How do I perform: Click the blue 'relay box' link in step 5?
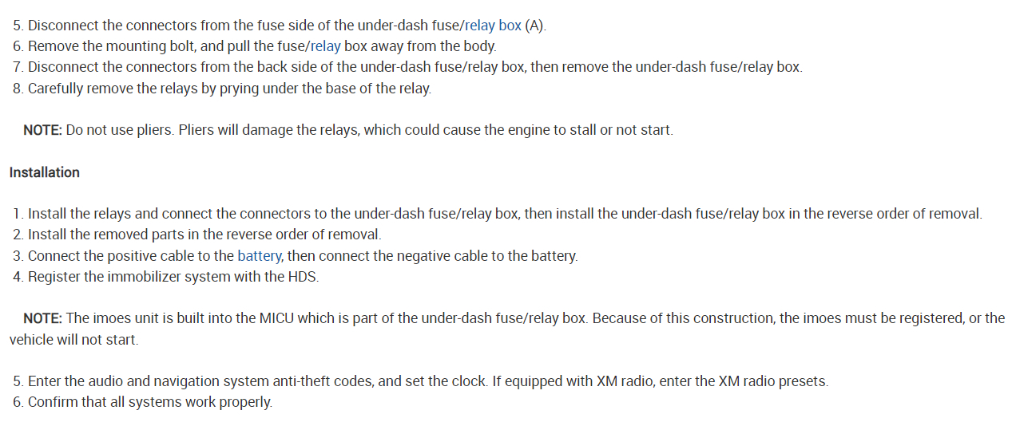tap(493, 26)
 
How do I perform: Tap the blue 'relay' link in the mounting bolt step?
tap(325, 46)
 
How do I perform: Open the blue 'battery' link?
tap(259, 256)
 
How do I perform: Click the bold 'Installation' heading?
tap(45, 172)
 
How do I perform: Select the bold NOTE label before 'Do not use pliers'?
tap(42, 129)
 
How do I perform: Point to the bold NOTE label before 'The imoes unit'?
tap(42, 318)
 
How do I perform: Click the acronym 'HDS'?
tap(303, 277)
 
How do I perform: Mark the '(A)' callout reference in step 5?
tap(535, 26)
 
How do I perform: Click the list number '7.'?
tap(18, 67)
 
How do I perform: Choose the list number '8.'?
tap(18, 88)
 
